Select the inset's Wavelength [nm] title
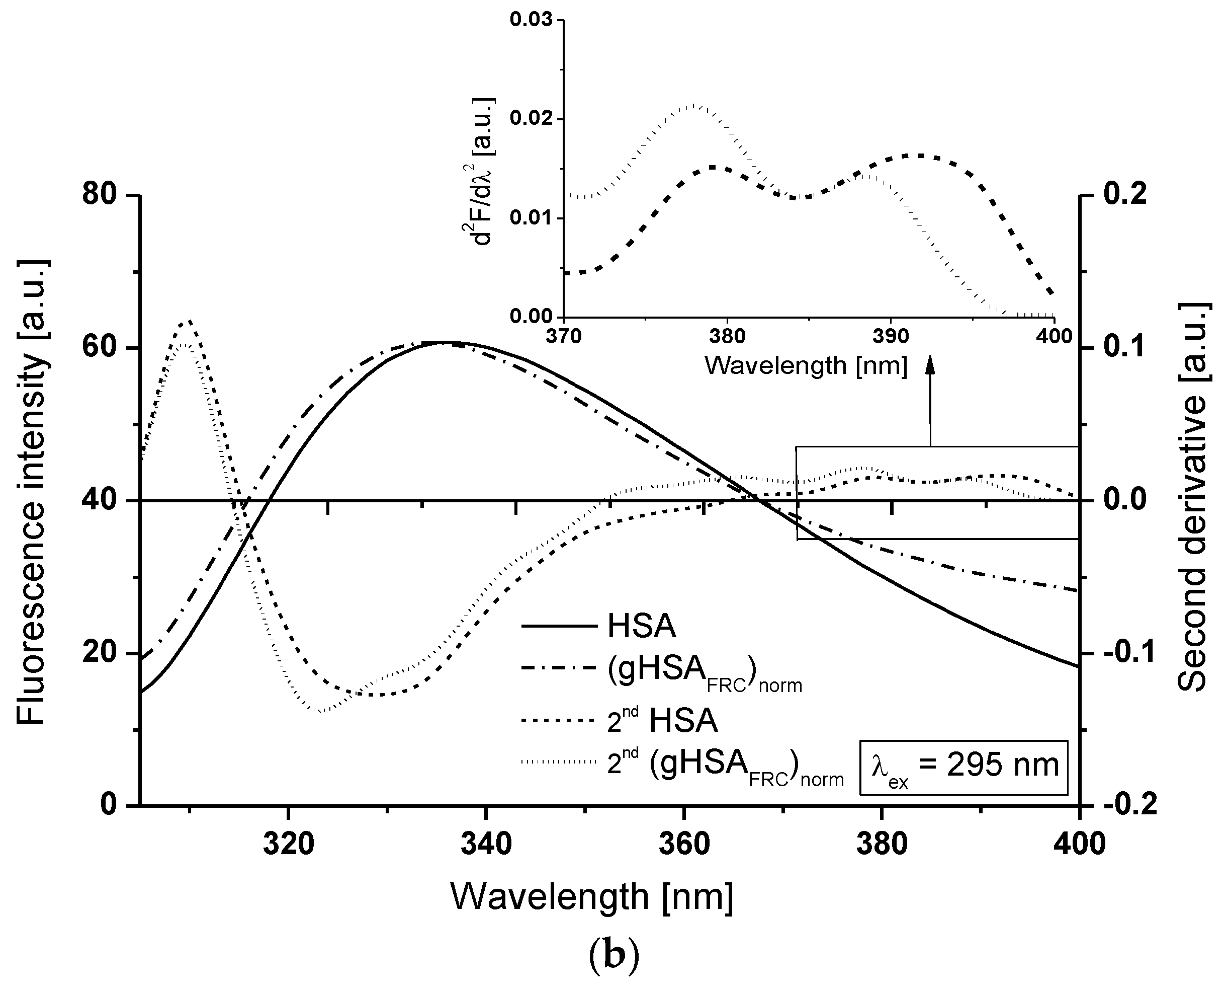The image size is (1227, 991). tap(806, 365)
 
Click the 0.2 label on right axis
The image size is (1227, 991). tap(1124, 195)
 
